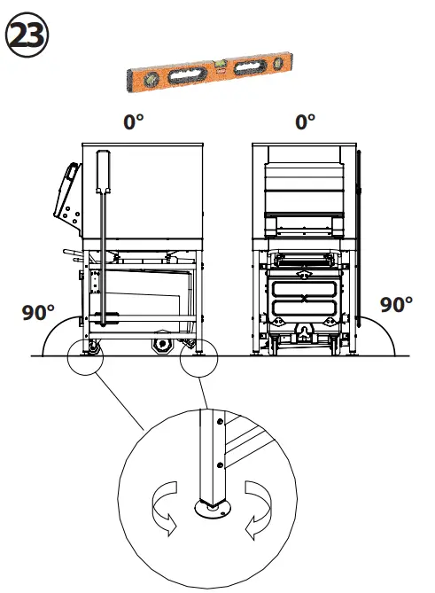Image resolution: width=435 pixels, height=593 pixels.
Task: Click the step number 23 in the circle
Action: (27, 37)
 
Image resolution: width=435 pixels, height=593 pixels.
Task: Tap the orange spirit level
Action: (208, 70)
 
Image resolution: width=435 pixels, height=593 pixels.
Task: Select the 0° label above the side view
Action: (134, 121)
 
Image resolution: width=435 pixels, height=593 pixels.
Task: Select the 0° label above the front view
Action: (305, 121)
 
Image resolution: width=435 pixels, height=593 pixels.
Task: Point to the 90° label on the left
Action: (38, 312)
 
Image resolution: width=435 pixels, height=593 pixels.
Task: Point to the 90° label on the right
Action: (397, 304)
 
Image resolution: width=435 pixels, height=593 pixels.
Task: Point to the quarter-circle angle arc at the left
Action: (53, 337)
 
